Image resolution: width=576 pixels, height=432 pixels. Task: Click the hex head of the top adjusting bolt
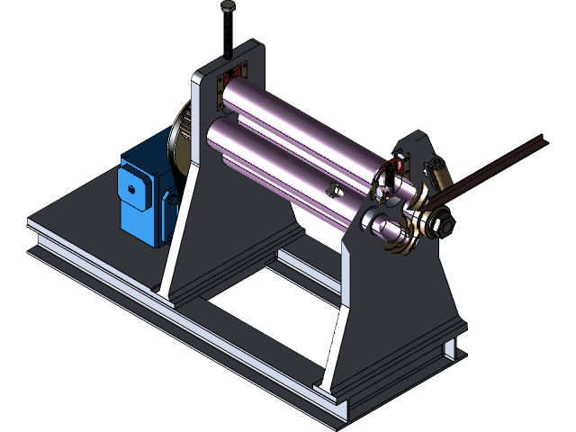(x=228, y=7)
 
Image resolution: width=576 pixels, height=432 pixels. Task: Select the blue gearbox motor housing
(x=144, y=193)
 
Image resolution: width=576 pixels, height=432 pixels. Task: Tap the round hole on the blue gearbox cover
(x=131, y=189)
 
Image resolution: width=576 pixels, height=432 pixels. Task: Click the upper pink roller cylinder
(x=297, y=121)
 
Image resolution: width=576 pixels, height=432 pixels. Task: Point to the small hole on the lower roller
(x=331, y=189)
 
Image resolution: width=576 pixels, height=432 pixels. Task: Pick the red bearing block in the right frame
(x=397, y=167)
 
